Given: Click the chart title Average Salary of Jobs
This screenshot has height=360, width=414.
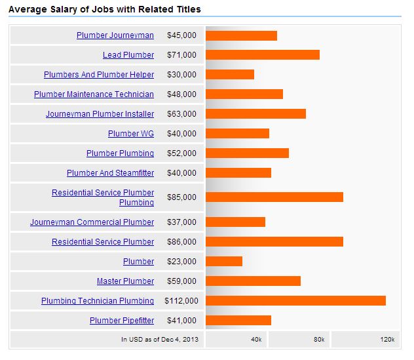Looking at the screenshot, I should tap(104, 9).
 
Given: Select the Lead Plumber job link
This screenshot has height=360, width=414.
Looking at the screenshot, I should tap(128, 55).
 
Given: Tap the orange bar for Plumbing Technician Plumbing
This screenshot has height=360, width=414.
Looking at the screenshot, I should tap(295, 301).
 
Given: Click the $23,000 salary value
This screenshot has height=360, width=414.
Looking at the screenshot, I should tap(181, 262).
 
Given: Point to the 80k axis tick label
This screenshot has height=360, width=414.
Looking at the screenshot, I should tap(319, 340).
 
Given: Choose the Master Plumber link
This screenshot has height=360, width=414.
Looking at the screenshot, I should tap(125, 281).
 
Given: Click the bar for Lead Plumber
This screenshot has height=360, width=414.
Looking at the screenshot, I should tap(263, 55).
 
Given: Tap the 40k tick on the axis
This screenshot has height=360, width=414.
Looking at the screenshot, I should tap(256, 340).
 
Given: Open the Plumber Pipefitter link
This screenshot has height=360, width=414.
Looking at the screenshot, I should tap(122, 321).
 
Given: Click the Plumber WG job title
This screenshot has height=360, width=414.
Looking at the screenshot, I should tap(131, 134).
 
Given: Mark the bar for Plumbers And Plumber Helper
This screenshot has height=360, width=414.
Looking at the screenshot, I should tap(230, 75).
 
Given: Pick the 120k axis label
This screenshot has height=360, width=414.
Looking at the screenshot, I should tap(387, 340).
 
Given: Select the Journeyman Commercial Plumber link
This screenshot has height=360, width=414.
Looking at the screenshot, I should tap(92, 222).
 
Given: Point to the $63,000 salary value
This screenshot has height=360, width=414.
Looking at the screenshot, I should tap(181, 114).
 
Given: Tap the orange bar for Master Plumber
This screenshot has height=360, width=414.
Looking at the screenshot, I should tap(253, 281).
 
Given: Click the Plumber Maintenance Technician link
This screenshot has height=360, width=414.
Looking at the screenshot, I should tap(94, 94).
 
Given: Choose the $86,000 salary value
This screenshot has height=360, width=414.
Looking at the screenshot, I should tap(181, 242).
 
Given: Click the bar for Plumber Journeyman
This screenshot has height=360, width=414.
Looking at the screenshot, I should tap(241, 35).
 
